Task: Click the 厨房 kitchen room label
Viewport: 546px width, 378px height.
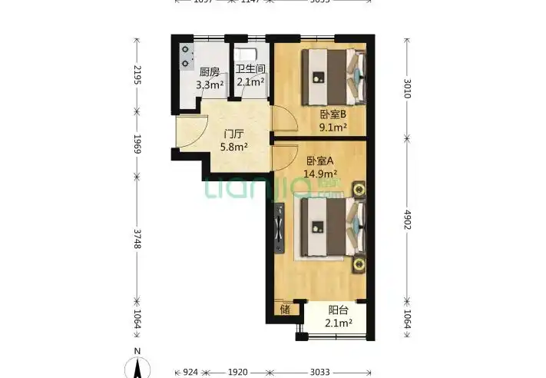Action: (209, 72)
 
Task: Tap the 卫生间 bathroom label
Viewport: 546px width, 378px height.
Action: (250, 71)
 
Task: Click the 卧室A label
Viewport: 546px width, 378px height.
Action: (319, 161)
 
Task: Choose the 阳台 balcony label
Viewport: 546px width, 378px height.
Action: (339, 310)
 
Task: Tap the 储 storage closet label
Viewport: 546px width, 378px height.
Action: (285, 310)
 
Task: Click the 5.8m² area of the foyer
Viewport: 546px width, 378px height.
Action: (233, 145)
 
